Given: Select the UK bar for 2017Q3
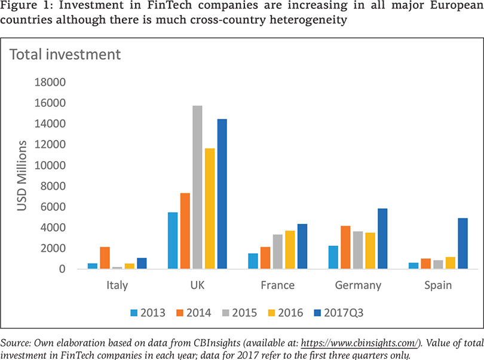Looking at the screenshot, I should tap(222, 194).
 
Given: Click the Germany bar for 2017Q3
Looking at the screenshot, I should tap(382, 239).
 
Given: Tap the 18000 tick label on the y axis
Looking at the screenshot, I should tap(51, 82).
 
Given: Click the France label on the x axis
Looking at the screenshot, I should tap(277, 285).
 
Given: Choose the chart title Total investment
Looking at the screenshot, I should tap(65, 55).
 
